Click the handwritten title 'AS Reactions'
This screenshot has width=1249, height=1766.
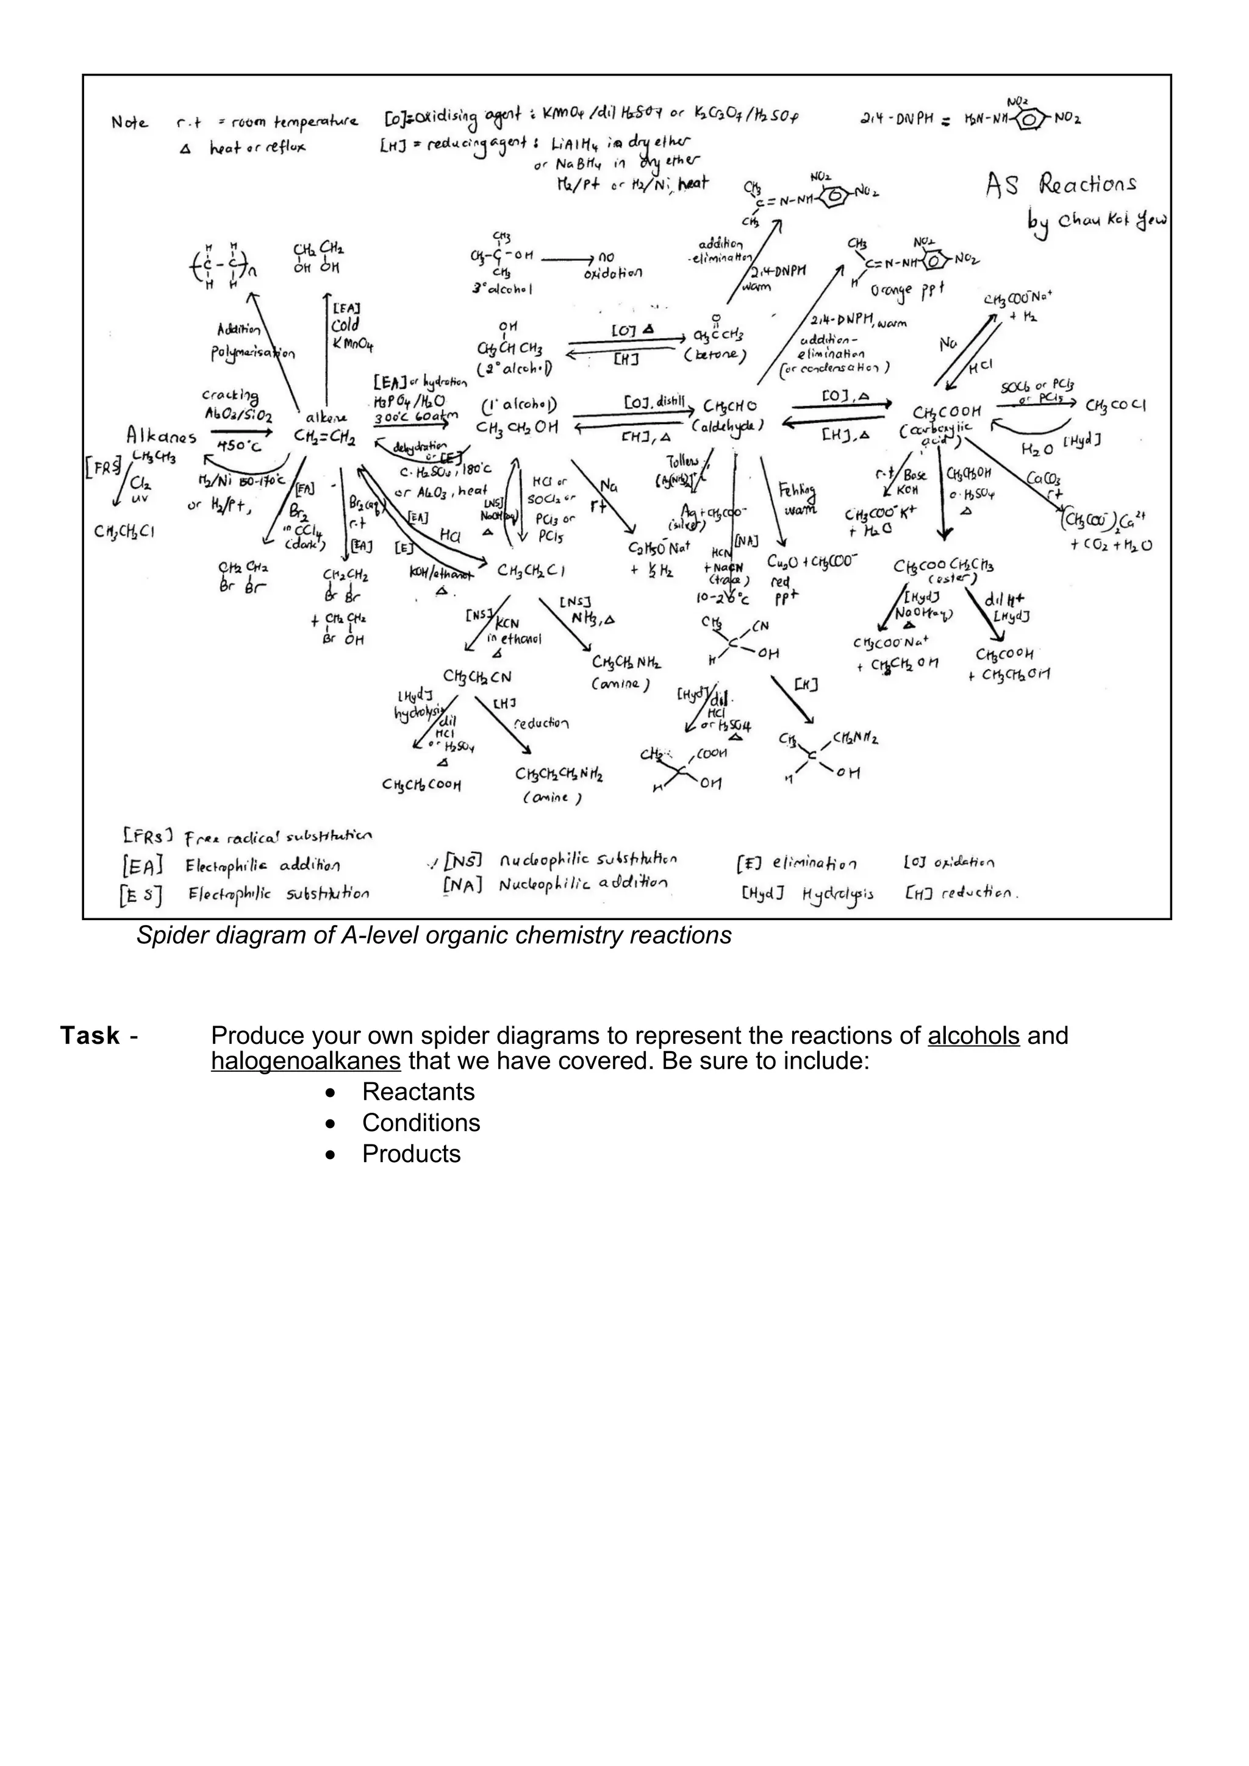pos(1061,185)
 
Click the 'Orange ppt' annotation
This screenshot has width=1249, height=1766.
pos(907,290)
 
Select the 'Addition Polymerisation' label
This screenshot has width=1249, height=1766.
pos(252,341)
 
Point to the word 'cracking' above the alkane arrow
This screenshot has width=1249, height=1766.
pos(229,395)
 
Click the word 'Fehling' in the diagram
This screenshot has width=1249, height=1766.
pos(796,490)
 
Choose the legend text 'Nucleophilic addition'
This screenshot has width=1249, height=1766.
pos(582,885)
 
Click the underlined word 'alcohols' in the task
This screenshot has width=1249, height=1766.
pos(973,1035)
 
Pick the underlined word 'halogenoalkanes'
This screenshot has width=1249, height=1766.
pos(306,1061)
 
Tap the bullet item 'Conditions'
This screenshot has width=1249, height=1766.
pos(421,1122)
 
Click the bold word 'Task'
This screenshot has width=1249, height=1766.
pos(90,1036)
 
